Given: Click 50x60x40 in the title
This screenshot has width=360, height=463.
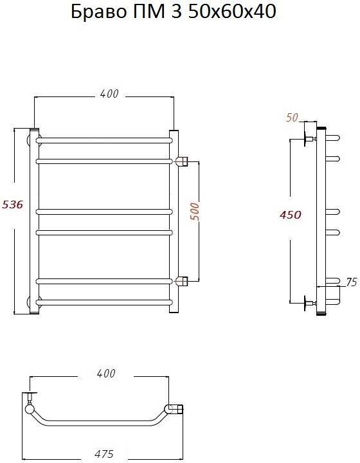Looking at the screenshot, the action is tap(232, 12).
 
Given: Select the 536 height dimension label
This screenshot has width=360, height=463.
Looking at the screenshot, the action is tap(12, 204).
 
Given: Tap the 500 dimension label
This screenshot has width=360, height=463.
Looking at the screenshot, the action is tap(194, 212).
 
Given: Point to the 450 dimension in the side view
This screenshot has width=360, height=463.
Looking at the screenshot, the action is tap(291, 215).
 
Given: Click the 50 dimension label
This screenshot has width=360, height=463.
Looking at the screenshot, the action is tap(292, 118).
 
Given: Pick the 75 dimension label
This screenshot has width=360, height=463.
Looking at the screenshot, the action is tap(351, 282).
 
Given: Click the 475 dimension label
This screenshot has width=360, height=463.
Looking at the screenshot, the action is tap(104, 454).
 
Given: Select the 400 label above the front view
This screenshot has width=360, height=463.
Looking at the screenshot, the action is tap(109, 94).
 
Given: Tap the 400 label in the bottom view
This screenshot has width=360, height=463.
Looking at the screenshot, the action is tap(106, 374).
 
